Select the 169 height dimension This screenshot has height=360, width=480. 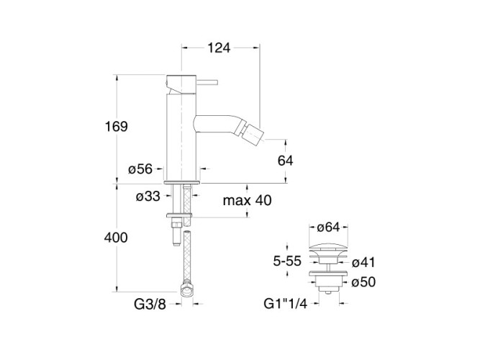(x=115, y=127)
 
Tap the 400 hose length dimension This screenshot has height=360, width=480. (x=115, y=238)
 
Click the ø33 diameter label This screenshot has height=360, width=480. (x=149, y=195)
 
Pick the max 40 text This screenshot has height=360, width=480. (x=246, y=200)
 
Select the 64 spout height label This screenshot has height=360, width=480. (x=285, y=161)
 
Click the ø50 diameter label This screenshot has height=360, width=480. (x=365, y=282)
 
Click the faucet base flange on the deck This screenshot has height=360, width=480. (x=183, y=182)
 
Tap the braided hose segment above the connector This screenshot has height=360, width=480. (x=186, y=259)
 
